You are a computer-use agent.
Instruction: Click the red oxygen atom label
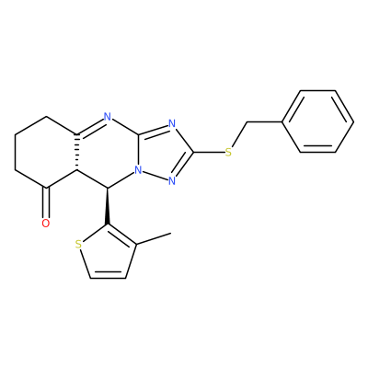pyautogui.click(x=46, y=224)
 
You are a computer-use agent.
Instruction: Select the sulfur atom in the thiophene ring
pyautogui.click(x=79, y=245)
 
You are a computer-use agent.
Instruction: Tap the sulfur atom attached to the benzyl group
pyautogui.click(x=228, y=152)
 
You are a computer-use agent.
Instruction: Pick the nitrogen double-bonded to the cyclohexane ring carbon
pyautogui.click(x=107, y=117)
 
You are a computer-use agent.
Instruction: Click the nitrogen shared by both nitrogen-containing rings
pyautogui.click(x=138, y=169)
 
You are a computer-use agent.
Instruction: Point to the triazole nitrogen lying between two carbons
pyautogui.click(x=172, y=124)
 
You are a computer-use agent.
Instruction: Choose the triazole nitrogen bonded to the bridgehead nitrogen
pyautogui.click(x=172, y=180)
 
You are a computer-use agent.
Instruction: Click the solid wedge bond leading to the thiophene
pyautogui.click(x=108, y=206)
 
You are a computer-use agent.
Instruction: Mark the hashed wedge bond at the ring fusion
pyautogui.click(x=76, y=152)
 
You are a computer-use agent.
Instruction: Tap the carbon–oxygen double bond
pyautogui.click(x=46, y=202)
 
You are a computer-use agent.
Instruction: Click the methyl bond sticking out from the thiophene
pyautogui.click(x=154, y=239)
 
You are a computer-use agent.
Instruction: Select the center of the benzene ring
pyautogui.click(x=317, y=121)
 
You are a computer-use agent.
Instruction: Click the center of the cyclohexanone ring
pyautogui.click(x=46, y=152)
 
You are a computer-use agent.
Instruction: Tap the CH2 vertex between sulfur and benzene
pyautogui.click(x=247, y=122)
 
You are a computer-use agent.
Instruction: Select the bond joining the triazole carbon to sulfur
pyautogui.click(x=209, y=152)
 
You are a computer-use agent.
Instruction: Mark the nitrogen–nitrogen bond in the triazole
pyautogui.click(x=155, y=175)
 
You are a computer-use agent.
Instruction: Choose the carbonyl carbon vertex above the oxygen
pyautogui.click(x=46, y=188)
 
